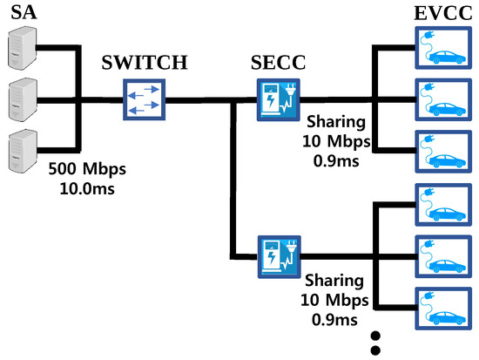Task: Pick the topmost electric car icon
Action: [444, 49]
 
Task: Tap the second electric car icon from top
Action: [444, 99]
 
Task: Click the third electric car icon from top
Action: [444, 150]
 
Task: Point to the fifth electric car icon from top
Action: [444, 255]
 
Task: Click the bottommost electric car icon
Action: [444, 305]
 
